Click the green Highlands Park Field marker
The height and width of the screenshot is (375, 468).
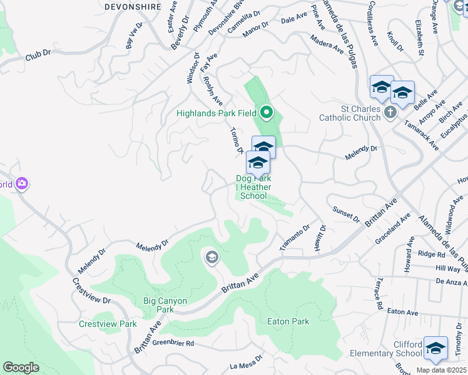pos(267,113)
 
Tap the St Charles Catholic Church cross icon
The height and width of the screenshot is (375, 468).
pos(390,113)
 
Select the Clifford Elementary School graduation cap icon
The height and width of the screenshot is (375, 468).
pos(435,349)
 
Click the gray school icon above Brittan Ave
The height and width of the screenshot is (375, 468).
pos(211,257)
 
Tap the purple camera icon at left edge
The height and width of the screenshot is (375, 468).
pos(23,184)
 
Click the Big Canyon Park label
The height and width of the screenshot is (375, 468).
pos(165,305)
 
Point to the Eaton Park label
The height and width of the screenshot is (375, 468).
pos(288,322)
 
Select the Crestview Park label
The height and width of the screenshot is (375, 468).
pos(108,324)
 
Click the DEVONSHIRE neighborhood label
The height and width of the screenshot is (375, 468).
pos(133,7)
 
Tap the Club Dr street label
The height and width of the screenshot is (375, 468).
pos(38,56)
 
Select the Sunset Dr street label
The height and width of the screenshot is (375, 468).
pos(346,215)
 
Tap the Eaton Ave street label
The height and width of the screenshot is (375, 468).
pos(402,311)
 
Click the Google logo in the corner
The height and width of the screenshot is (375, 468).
pos(21,367)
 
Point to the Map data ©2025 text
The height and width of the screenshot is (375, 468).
pos(441,370)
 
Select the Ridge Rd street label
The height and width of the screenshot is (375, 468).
pos(431,254)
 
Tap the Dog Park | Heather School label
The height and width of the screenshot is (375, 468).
pos(253,187)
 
